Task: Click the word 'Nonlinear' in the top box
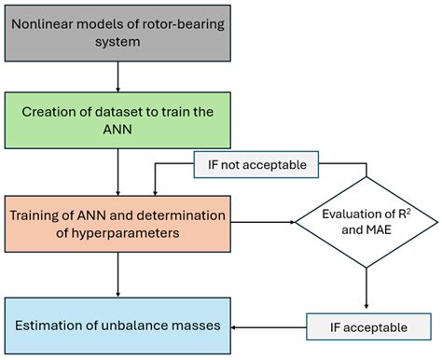tap(46, 23)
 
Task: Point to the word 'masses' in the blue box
tap(188, 325)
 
